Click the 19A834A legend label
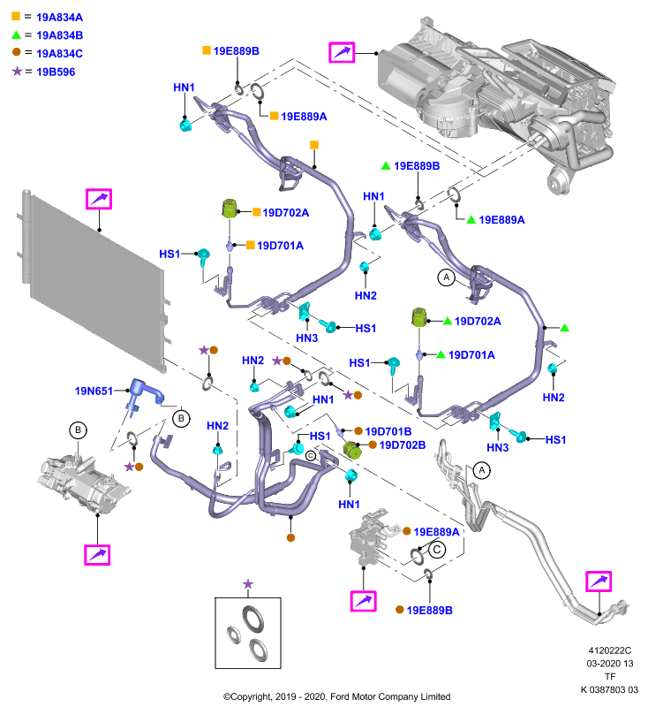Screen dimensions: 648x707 [x=59, y=18]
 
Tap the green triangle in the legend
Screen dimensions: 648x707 [x=16, y=34]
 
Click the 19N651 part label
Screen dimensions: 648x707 [x=94, y=391]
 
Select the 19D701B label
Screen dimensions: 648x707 [x=388, y=431]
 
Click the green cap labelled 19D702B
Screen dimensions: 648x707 [x=352, y=450]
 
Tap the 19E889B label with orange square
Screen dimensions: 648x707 [x=237, y=51]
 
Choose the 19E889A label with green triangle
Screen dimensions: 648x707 [x=501, y=219]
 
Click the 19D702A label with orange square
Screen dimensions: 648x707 [x=285, y=212]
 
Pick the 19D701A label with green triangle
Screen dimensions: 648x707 [x=471, y=355]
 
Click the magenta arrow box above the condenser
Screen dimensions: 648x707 [x=99, y=199]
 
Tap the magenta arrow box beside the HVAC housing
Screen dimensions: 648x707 [x=342, y=52]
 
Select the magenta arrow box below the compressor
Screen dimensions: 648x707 [x=97, y=555]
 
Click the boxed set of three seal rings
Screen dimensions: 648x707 [x=248, y=633]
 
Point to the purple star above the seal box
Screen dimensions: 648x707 [x=248, y=584]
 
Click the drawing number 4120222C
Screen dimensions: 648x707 [x=610, y=650]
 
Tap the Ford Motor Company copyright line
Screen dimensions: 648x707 [x=337, y=696]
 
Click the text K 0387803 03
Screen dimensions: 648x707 [x=609, y=689]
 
